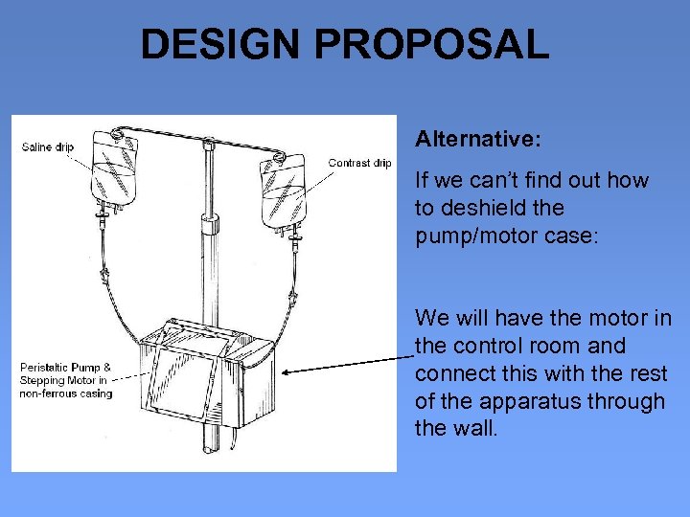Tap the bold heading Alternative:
(x=477, y=140)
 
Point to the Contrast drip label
(x=359, y=163)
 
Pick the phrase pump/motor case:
(x=505, y=236)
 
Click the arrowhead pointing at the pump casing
(x=289, y=374)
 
